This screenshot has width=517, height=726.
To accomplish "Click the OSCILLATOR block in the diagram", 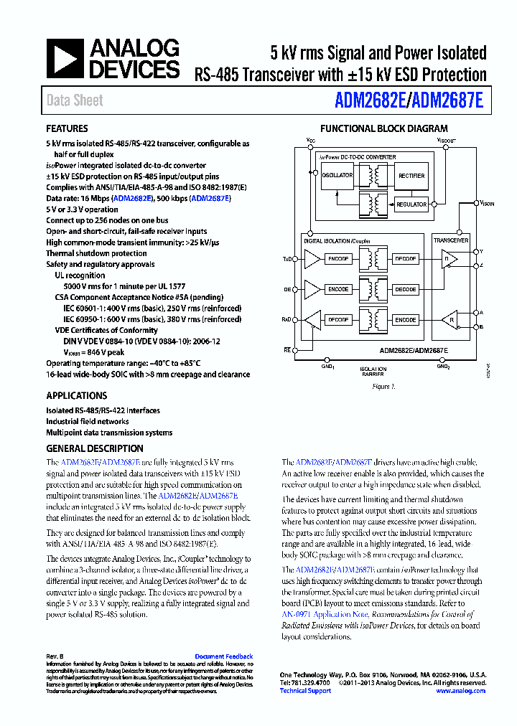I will click(337, 175).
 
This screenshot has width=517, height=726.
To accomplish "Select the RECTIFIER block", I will click(411, 175).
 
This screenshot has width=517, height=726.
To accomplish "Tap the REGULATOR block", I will click(411, 204).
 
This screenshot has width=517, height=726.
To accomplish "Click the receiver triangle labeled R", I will click(450, 319).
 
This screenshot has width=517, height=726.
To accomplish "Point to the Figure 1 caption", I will click(383, 387).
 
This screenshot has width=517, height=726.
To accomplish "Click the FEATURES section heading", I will click(67, 129).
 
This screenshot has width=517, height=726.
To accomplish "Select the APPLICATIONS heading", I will click(76, 395).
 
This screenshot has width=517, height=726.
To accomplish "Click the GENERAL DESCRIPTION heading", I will click(94, 448).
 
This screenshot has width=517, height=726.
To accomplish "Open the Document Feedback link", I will click(223, 656).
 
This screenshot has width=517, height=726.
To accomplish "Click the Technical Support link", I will click(305, 691).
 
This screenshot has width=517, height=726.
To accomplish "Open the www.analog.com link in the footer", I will click(460, 691).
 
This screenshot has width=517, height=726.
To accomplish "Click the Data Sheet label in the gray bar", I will click(75, 100).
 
